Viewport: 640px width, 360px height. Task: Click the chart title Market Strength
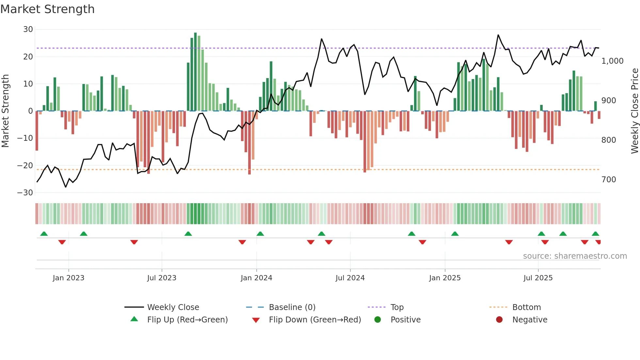point(47,9)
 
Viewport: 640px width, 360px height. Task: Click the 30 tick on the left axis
point(28,29)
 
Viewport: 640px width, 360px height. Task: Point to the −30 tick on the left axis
point(25,193)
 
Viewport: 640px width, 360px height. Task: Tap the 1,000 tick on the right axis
point(612,61)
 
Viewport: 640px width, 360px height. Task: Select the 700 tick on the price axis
point(609,180)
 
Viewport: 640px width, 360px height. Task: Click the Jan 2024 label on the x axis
point(256,278)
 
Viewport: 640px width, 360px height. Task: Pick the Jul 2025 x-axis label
point(538,278)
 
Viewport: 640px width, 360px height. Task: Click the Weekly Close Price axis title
point(634,111)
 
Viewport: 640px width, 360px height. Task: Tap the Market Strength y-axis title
point(6,111)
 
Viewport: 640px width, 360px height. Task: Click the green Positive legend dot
point(378,320)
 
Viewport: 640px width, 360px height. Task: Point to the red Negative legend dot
point(499,320)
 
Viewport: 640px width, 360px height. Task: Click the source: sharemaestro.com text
point(575,256)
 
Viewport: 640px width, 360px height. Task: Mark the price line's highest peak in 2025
point(498,35)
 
